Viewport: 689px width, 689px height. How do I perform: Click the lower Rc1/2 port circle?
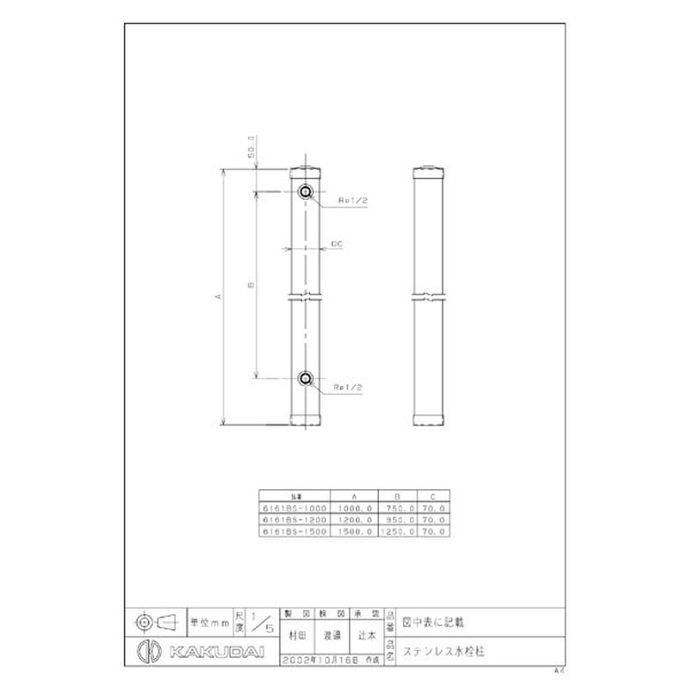click(305, 377)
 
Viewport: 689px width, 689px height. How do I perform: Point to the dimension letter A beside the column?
click(219, 297)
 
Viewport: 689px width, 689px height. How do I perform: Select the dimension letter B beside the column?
click(251, 285)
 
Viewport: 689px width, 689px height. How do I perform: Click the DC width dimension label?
click(338, 245)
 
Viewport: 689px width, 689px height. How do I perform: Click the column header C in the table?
click(433, 497)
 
